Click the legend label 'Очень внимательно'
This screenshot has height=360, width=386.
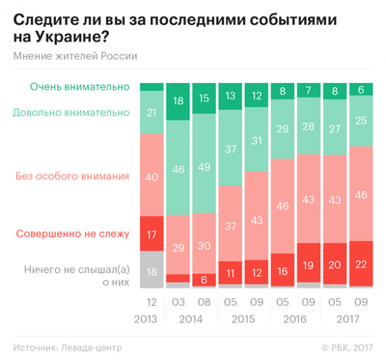[x=79, y=87]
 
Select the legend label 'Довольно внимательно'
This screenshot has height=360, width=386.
[x=70, y=112]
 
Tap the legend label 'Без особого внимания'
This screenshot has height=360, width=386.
[x=73, y=177]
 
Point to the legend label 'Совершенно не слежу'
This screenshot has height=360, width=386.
[x=73, y=234]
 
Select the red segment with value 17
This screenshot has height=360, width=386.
[x=151, y=234]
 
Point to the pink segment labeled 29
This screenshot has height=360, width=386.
[x=178, y=247]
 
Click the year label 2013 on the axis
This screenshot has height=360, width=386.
[x=151, y=317]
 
